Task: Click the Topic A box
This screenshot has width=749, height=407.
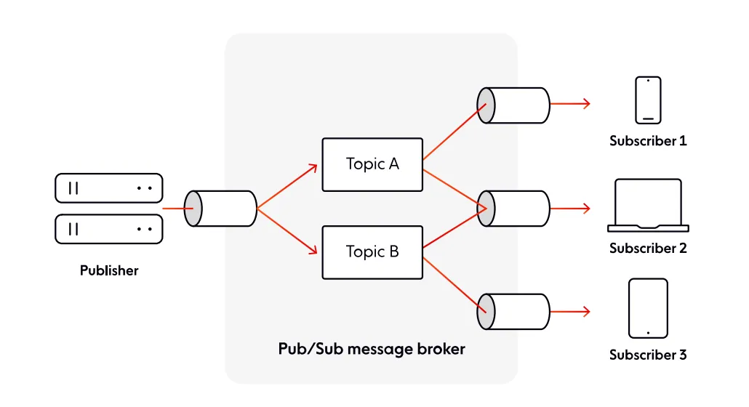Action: [372, 164]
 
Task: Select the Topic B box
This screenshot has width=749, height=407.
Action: [372, 252]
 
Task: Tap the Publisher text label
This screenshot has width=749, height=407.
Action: [109, 271]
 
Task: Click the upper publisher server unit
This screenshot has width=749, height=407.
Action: [109, 188]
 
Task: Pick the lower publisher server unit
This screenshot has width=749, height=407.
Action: [109, 230]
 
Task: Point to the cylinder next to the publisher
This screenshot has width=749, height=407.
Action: [221, 209]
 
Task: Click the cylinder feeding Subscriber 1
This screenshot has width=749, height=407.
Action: [513, 105]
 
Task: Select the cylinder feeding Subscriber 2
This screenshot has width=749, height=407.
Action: [513, 209]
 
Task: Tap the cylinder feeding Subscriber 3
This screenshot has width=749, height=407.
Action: [513, 311]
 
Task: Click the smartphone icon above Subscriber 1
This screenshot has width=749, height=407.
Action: [648, 100]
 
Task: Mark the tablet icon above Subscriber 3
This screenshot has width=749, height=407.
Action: [648, 308]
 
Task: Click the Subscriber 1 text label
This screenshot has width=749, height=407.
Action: [648, 141]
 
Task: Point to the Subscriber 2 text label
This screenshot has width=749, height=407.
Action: [648, 249]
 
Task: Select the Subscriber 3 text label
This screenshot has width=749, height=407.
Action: [648, 355]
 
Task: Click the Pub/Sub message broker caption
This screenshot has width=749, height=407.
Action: [372, 349]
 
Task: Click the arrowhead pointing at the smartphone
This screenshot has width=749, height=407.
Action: [586, 105]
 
